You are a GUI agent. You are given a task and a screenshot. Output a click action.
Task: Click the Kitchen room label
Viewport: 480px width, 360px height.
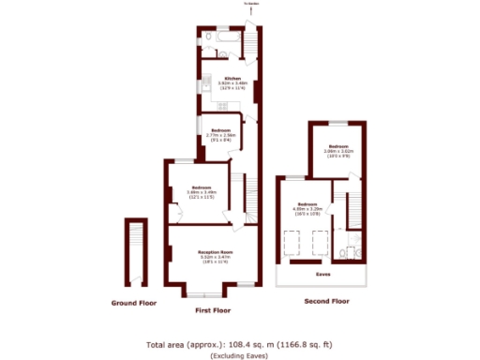[x=232, y=78]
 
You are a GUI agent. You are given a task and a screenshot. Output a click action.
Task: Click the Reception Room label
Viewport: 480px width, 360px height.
[x=215, y=252]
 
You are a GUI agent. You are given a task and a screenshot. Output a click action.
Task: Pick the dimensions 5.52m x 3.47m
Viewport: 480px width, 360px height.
[x=215, y=258]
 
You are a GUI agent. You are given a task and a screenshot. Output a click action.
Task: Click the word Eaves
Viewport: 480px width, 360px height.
[x=322, y=274]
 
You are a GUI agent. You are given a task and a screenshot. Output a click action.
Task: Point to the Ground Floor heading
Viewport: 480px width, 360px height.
[x=132, y=303]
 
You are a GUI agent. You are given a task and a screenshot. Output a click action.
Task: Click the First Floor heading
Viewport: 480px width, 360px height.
[x=213, y=309]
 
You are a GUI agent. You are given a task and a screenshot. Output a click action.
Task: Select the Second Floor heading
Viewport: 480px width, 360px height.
[x=327, y=302]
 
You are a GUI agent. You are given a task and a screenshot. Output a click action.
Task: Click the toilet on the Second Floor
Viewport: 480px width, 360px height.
[x=348, y=253]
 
